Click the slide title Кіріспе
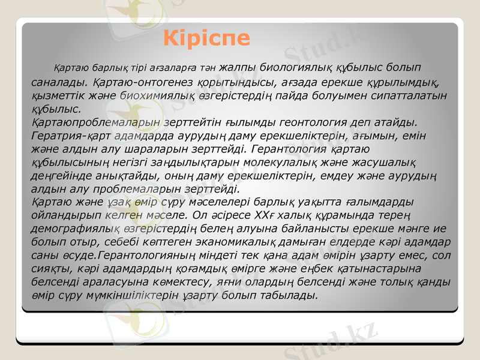click(x=207, y=38)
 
